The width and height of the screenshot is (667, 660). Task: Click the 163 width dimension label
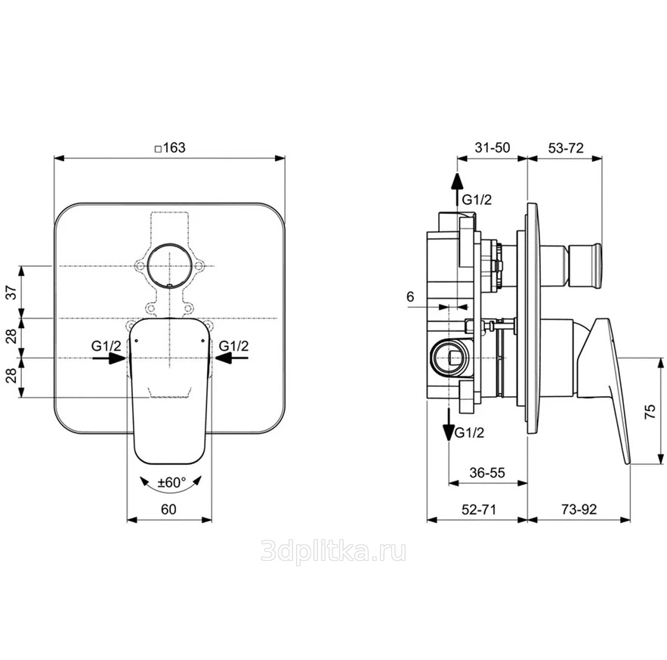click(170, 147)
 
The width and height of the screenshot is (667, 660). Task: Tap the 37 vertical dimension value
click(12, 292)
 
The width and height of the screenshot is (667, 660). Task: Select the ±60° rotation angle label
click(171, 482)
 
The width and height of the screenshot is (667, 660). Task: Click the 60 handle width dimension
click(168, 510)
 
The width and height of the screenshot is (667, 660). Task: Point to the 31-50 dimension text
click(493, 147)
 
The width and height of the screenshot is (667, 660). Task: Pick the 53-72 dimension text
click(566, 147)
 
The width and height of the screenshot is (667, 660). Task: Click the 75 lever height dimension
click(650, 412)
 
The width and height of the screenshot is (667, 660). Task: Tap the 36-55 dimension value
click(487, 473)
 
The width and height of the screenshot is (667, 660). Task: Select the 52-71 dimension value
click(479, 510)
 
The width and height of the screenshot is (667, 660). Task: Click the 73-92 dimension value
click(579, 510)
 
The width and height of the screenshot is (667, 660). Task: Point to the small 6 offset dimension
click(410, 297)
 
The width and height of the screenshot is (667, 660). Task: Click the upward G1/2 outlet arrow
click(457, 193)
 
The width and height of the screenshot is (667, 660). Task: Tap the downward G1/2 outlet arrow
click(449, 424)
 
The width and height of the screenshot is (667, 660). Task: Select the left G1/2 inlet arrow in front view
click(109, 358)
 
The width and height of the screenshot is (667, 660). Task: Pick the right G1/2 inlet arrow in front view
click(231, 358)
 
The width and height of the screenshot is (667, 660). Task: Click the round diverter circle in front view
click(169, 265)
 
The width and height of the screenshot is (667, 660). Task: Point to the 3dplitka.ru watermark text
click(333, 553)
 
